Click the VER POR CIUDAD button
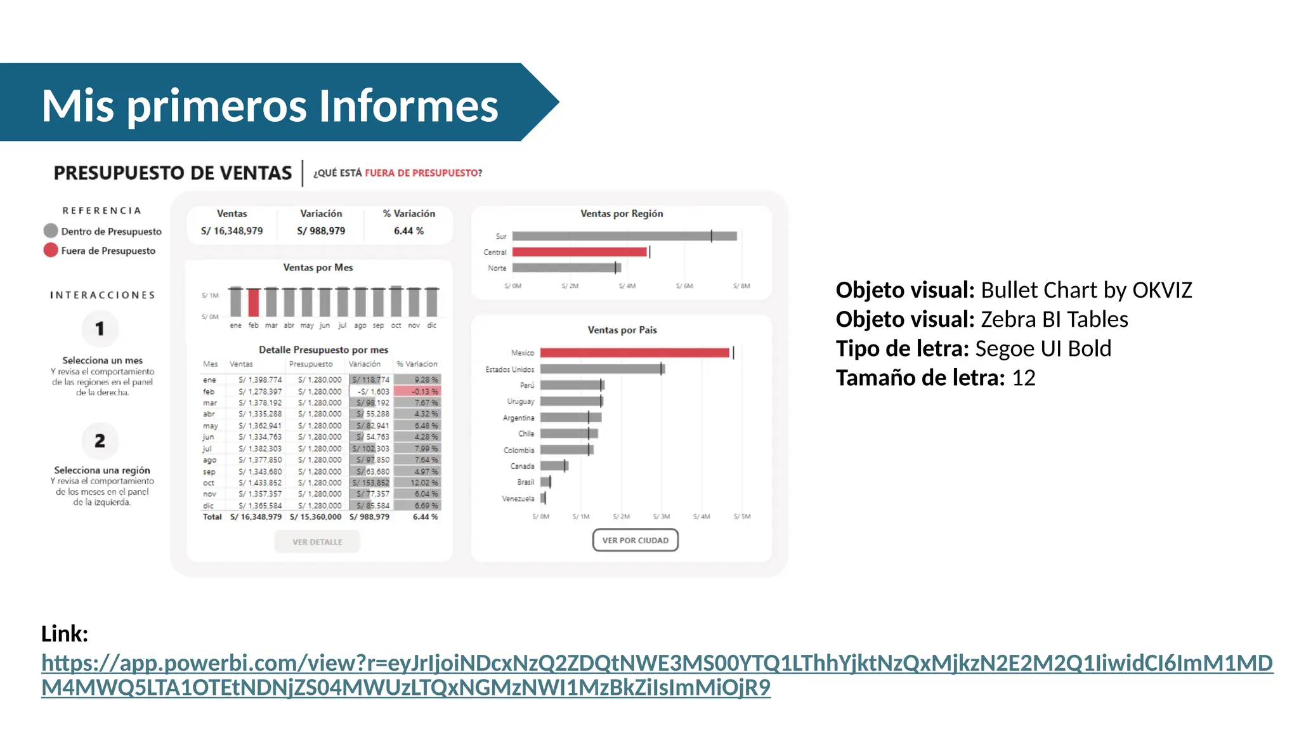click(x=635, y=540)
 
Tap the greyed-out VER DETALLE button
click(x=317, y=542)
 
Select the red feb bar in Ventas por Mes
click(x=254, y=303)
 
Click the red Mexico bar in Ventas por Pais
click(x=634, y=353)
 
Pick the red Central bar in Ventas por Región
click(x=579, y=252)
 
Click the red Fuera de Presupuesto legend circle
click(x=51, y=250)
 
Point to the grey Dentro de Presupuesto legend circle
click(x=51, y=231)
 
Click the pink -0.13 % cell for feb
click(x=417, y=392)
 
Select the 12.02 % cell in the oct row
click(x=417, y=483)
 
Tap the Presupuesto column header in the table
click(x=311, y=364)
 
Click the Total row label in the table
click(x=212, y=517)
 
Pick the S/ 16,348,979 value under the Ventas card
click(x=232, y=231)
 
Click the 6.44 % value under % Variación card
click(x=408, y=231)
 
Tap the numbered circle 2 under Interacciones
click(x=100, y=441)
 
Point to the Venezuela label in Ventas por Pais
click(x=518, y=499)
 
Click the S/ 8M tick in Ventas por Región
click(x=741, y=286)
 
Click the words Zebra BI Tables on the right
click(x=1054, y=319)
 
